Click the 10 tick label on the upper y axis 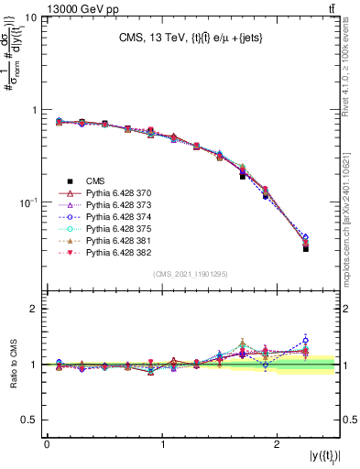(x=30, y=18)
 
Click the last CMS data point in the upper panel (x=305, y=248)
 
